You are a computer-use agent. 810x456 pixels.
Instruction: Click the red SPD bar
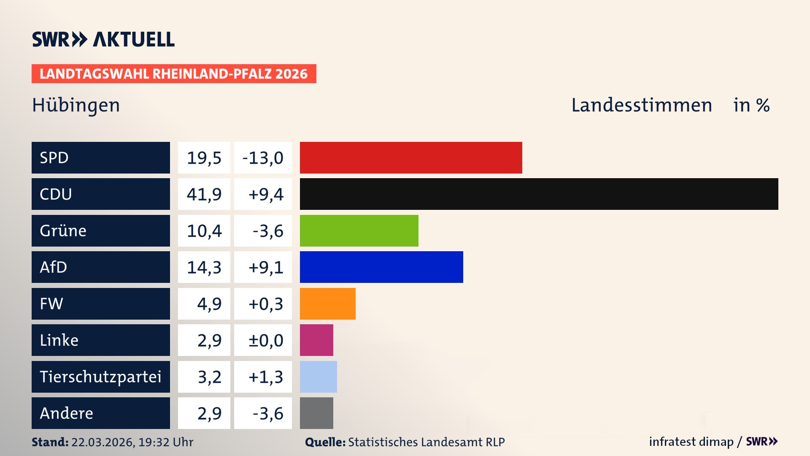point(411,157)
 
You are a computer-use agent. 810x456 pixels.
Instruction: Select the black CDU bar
point(539,194)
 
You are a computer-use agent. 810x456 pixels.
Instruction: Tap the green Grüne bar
point(359,231)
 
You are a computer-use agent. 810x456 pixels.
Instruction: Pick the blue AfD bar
point(381,267)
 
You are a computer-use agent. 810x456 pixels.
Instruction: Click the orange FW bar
point(327,304)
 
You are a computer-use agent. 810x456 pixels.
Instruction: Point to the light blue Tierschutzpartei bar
point(318,377)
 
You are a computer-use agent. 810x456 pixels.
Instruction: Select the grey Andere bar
point(316,413)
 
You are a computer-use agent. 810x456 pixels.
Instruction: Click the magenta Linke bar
point(316,340)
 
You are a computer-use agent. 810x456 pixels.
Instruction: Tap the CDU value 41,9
point(204,194)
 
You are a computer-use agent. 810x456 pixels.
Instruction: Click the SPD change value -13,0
point(263,158)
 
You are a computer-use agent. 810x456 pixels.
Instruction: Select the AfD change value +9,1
point(266,267)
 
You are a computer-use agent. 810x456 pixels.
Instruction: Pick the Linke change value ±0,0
point(266,340)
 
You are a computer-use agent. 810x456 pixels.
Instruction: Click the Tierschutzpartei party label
point(100,377)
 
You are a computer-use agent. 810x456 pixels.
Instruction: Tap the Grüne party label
point(63,231)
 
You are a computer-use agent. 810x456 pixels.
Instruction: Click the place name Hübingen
point(76,105)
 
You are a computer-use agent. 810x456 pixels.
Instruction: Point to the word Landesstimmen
point(641,105)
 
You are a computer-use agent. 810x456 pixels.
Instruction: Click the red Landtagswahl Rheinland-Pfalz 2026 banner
point(174,74)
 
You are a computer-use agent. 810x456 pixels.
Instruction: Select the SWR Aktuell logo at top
point(103,39)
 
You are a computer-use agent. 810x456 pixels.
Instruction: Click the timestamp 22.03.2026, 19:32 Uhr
point(132,442)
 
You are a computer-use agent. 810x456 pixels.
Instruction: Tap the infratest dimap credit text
point(691,442)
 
